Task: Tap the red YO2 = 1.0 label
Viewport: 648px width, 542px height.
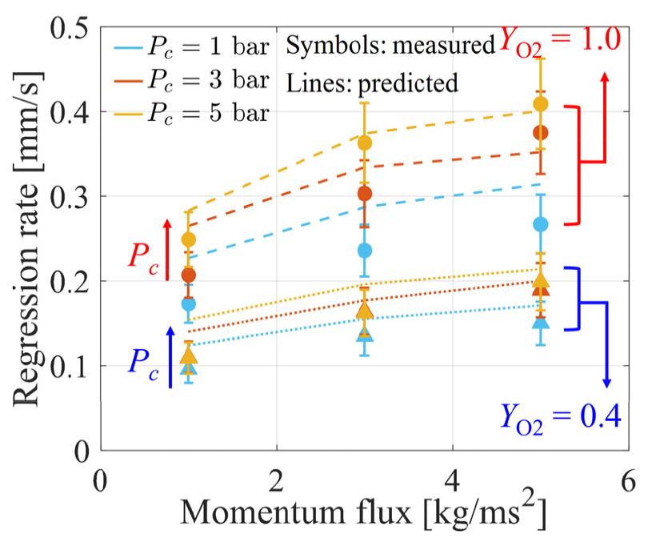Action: [560, 39]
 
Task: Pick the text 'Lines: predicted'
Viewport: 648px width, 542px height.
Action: [372, 82]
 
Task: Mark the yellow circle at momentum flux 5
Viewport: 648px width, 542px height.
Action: [541, 104]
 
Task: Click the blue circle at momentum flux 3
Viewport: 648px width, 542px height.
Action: [365, 251]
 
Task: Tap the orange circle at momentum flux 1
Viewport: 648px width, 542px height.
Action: [189, 275]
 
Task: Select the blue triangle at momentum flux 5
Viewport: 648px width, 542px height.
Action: [541, 322]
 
